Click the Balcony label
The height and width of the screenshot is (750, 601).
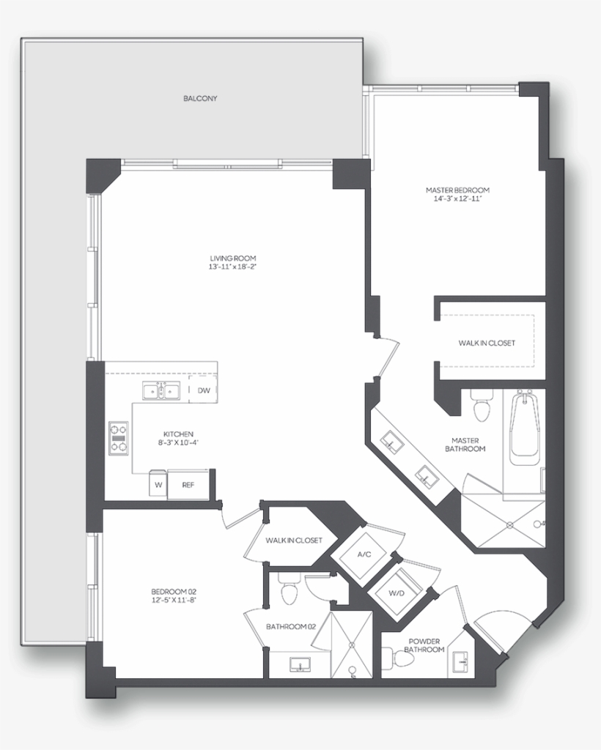[x=200, y=98]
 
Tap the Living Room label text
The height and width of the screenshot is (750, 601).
[x=232, y=259]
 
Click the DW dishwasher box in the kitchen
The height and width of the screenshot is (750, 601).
[x=203, y=390]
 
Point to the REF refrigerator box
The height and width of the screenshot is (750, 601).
[x=188, y=485]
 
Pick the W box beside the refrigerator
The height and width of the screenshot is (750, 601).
[x=158, y=485]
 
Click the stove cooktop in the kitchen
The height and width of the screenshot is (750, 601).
[x=118, y=438]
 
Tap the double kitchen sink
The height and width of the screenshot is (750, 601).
[x=161, y=392]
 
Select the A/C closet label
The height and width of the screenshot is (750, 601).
[x=364, y=554]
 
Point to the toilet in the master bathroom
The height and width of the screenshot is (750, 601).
[x=482, y=409]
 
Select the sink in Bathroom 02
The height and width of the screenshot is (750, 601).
[x=300, y=664]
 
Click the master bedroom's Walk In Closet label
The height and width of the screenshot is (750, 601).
[x=487, y=343]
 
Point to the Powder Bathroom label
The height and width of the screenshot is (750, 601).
[x=425, y=645]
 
